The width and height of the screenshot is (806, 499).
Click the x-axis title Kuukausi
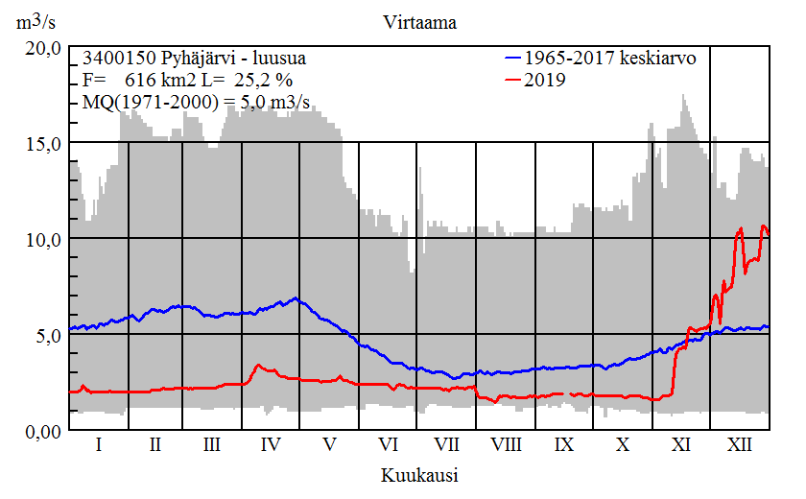[418, 474]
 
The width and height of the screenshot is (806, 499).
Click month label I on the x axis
[99, 445]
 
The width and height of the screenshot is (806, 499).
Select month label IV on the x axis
[271, 445]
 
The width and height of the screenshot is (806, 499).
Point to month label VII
[446, 445]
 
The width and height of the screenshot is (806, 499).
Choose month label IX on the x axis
[564, 445]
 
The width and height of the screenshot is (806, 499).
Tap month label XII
[740, 445]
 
